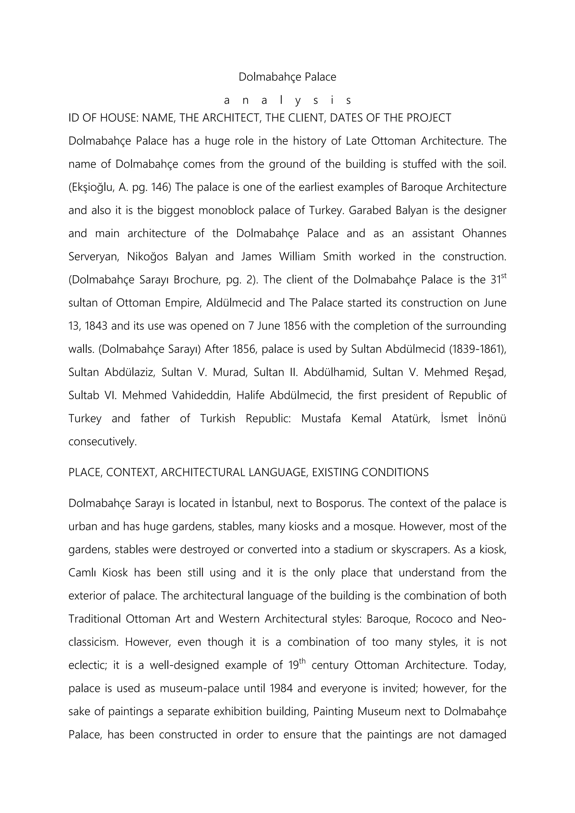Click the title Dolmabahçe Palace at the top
click(287, 77)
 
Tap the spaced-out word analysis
click(287, 101)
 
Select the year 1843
click(96, 326)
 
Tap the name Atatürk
click(411, 419)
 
